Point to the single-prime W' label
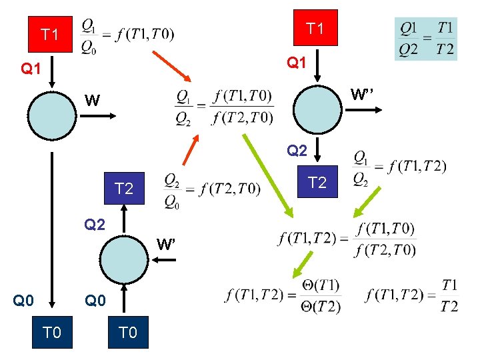(166, 244)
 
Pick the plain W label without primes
(93, 101)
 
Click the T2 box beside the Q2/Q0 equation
(124, 189)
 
